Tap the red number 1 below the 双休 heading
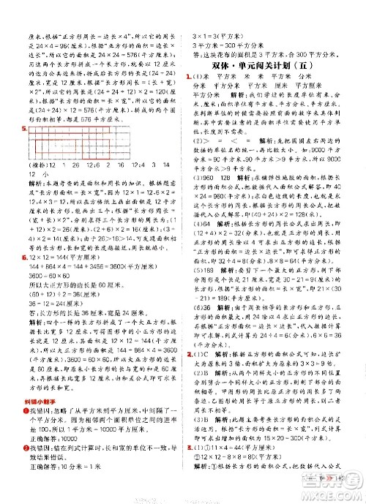[x=189, y=77]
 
